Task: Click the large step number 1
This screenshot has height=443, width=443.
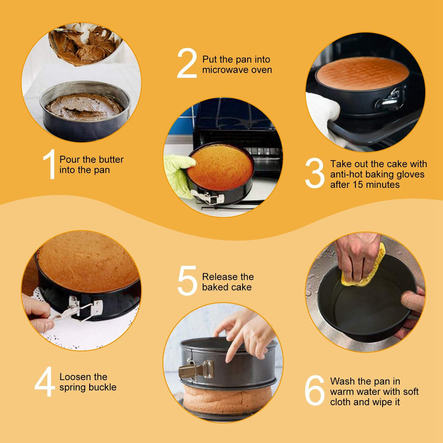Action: (50, 164)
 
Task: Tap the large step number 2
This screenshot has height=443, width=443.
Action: (187, 63)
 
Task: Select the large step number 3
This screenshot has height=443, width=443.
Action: (315, 173)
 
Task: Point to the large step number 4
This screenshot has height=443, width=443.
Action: (44, 382)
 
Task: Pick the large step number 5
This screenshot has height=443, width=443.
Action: (187, 281)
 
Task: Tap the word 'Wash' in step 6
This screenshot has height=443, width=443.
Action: (342, 382)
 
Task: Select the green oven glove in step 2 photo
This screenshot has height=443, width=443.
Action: (179, 174)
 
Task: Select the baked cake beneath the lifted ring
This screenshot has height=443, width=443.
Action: (227, 400)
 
